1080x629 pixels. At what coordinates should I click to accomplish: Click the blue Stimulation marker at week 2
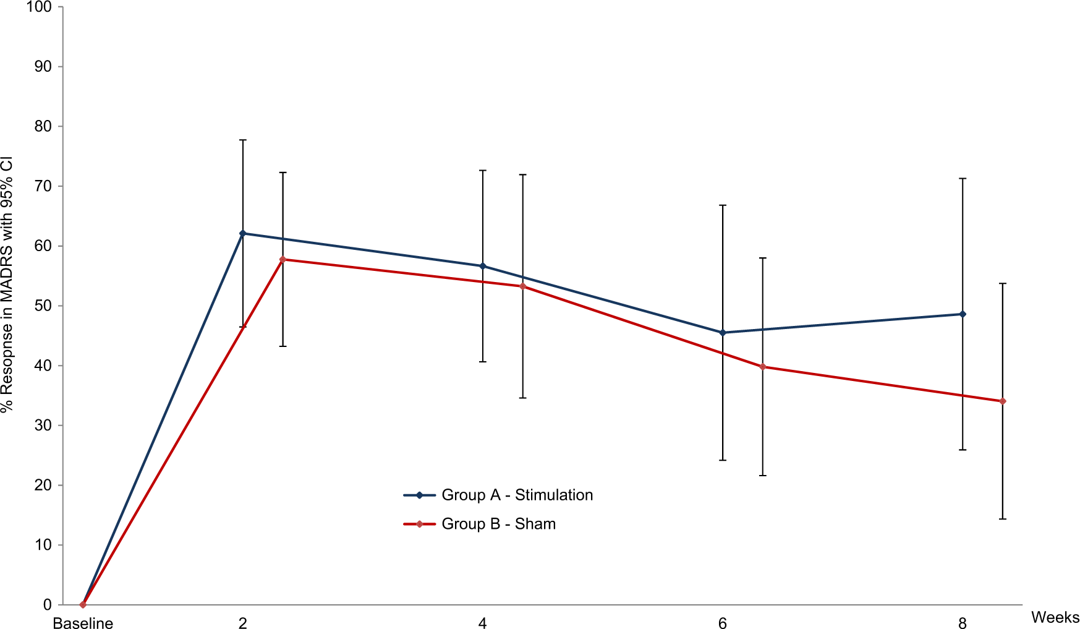(x=242, y=233)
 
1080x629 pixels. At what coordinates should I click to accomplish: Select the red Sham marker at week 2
(x=283, y=259)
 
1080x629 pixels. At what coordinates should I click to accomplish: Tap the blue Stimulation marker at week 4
(x=483, y=266)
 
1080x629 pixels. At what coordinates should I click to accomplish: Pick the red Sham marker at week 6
(x=762, y=367)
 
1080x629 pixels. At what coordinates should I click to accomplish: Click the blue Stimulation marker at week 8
(x=963, y=314)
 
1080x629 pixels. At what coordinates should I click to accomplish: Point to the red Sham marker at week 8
(x=1003, y=401)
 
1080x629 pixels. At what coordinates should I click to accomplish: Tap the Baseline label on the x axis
(x=83, y=623)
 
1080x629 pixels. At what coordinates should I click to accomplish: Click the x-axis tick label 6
(x=723, y=623)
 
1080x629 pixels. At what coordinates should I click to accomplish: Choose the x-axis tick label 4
(x=482, y=623)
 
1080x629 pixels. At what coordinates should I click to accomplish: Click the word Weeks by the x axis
(x=1055, y=617)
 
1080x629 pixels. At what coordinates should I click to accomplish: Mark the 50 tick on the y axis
(x=45, y=306)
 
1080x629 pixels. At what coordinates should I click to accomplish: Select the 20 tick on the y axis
(x=45, y=485)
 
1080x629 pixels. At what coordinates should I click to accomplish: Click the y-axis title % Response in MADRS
(x=7, y=285)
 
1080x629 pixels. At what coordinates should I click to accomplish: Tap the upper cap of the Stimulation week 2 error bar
(x=242, y=140)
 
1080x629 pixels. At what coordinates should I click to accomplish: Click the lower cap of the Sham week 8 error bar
(x=1003, y=519)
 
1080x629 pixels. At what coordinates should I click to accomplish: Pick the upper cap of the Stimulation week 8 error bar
(x=963, y=179)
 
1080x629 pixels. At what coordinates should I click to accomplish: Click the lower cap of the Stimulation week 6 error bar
(x=723, y=460)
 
